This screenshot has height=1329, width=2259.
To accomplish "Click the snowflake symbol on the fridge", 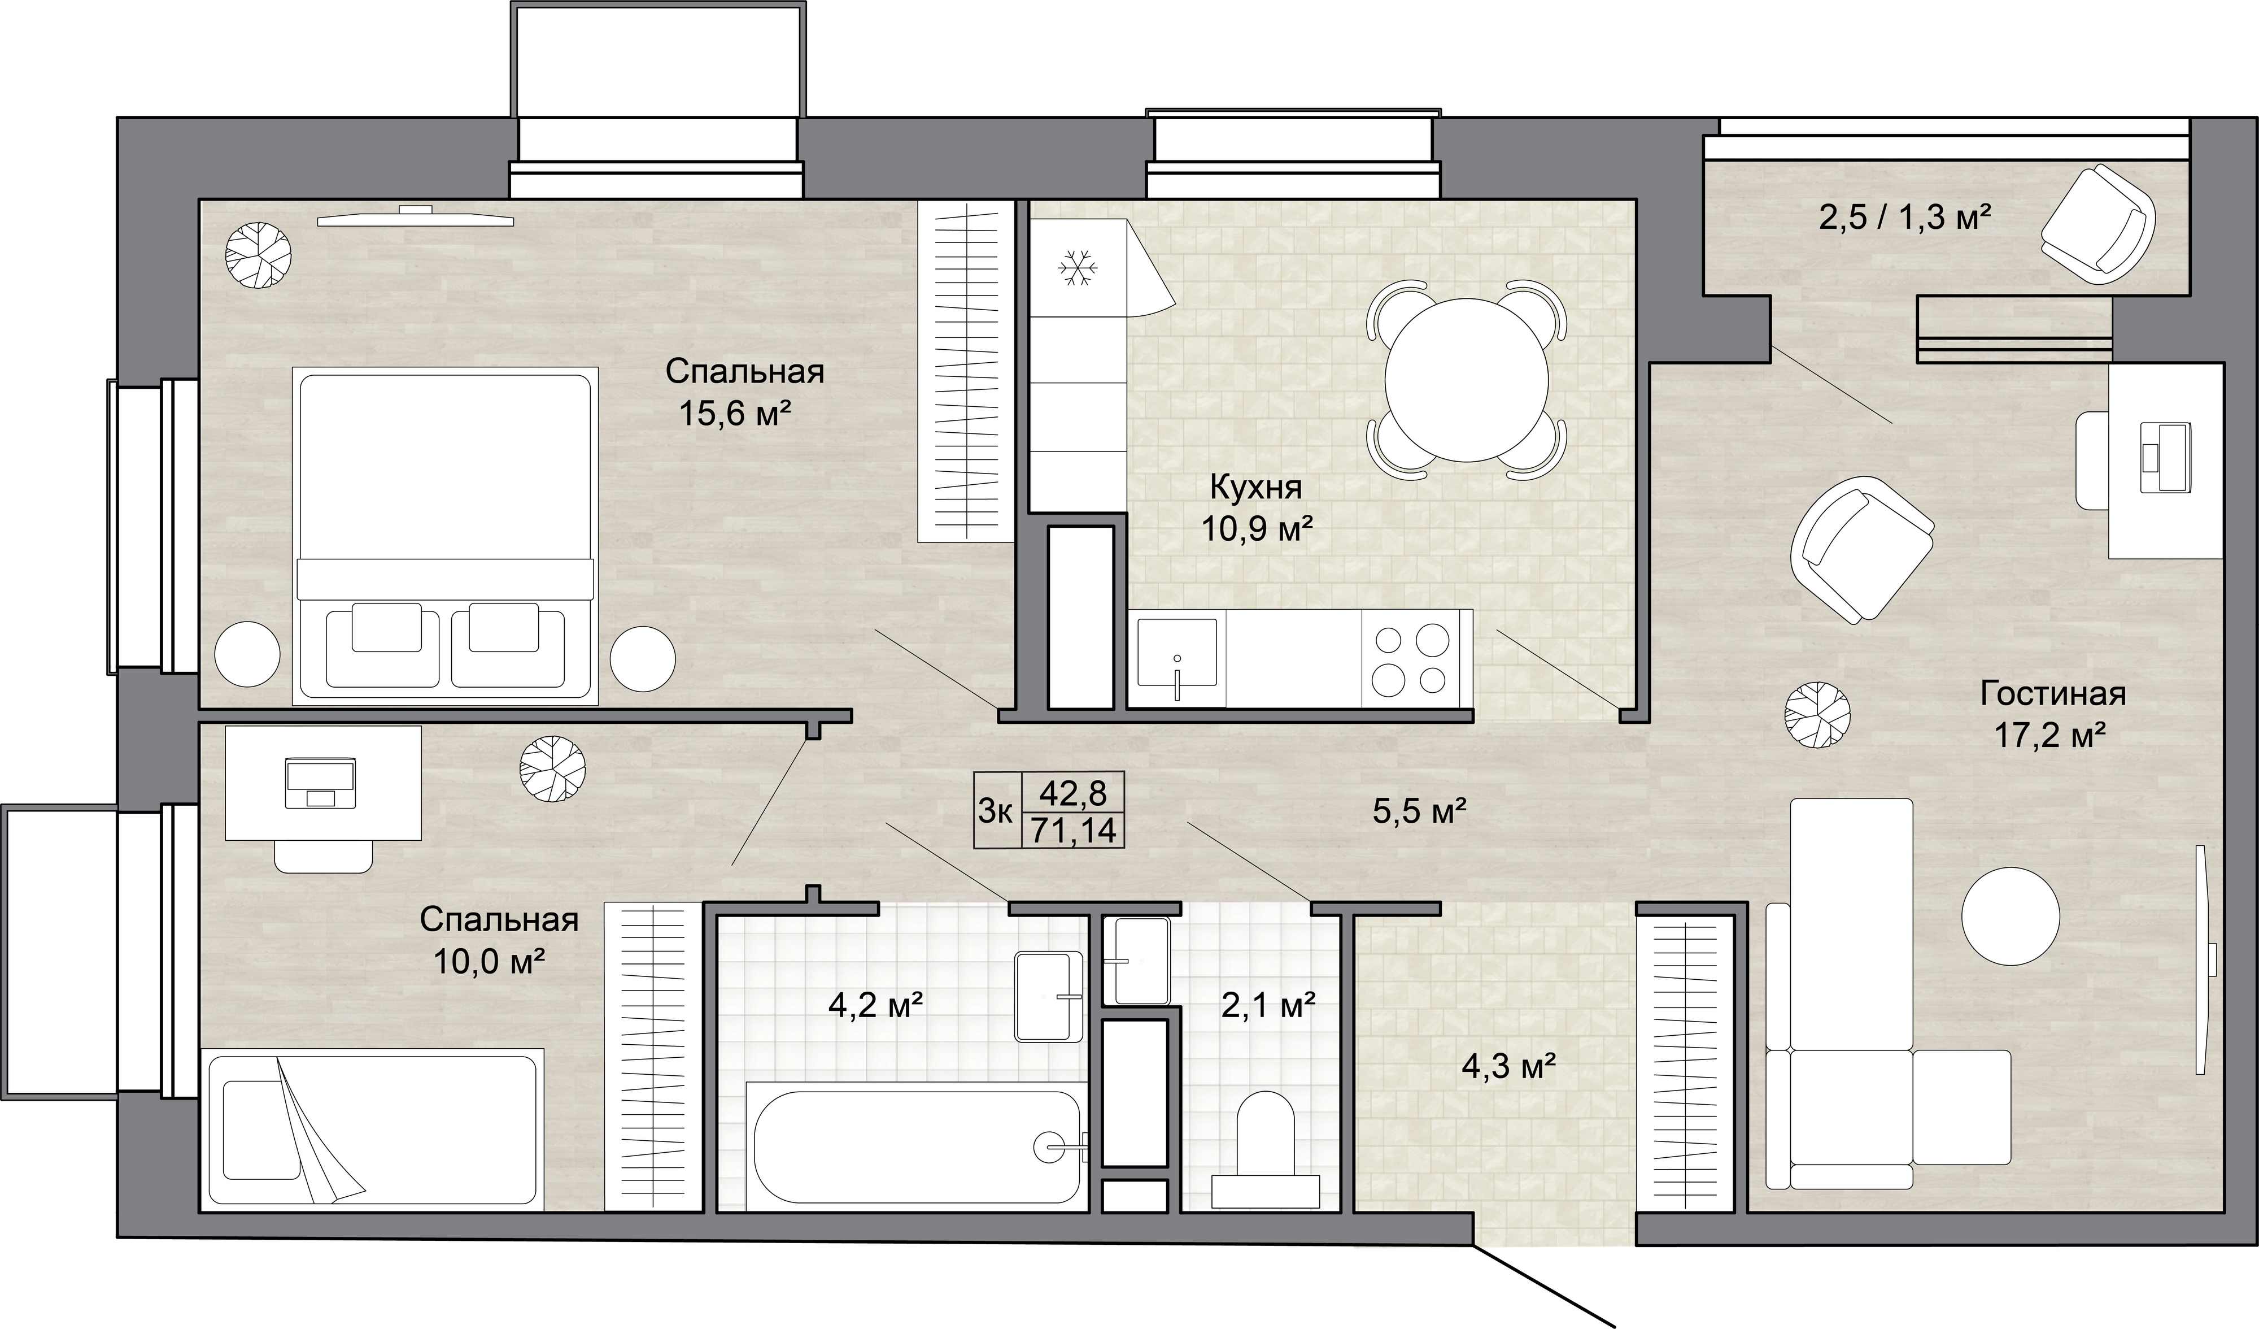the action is (x=1079, y=268).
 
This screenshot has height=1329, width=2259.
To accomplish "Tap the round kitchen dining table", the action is (x=1467, y=379).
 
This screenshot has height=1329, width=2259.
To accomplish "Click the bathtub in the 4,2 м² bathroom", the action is (x=917, y=1147).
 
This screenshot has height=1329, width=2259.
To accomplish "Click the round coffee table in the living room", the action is (x=2010, y=915).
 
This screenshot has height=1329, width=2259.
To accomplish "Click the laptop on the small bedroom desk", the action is (x=321, y=783).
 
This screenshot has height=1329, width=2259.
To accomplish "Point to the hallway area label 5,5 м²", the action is (x=1419, y=811).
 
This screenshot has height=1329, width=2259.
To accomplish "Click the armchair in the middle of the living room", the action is (x=1861, y=549).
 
